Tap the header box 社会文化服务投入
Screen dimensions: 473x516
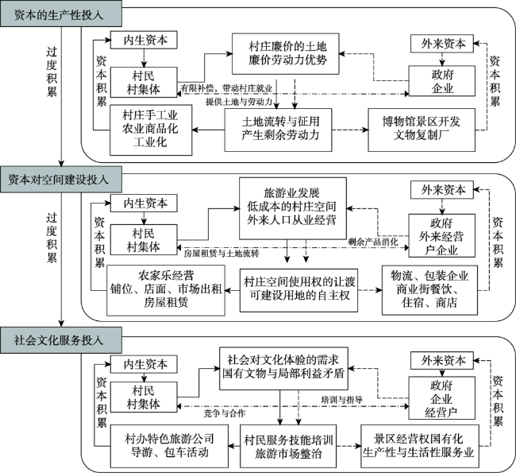tap(63, 340)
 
